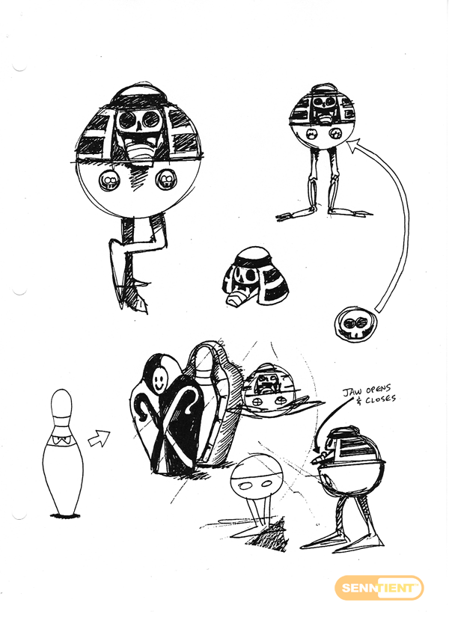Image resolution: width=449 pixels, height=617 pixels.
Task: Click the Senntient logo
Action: [379, 589]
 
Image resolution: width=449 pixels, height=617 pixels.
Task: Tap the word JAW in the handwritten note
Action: [349, 392]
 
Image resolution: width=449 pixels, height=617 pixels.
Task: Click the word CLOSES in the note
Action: [379, 399]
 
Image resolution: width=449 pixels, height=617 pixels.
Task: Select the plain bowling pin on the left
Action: [62, 452]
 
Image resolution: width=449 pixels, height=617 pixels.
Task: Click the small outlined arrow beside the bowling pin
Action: [99, 438]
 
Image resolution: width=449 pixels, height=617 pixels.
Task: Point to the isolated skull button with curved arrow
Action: [353, 325]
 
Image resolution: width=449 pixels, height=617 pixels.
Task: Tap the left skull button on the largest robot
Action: [109, 181]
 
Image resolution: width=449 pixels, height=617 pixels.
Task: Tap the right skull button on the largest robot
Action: [166, 179]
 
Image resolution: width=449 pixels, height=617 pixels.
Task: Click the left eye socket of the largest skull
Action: [128, 120]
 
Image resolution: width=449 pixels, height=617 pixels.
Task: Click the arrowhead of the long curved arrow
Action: [355, 145]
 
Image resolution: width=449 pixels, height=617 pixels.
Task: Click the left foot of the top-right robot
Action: [291, 215]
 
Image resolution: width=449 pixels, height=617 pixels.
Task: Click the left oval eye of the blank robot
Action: [245, 486]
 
